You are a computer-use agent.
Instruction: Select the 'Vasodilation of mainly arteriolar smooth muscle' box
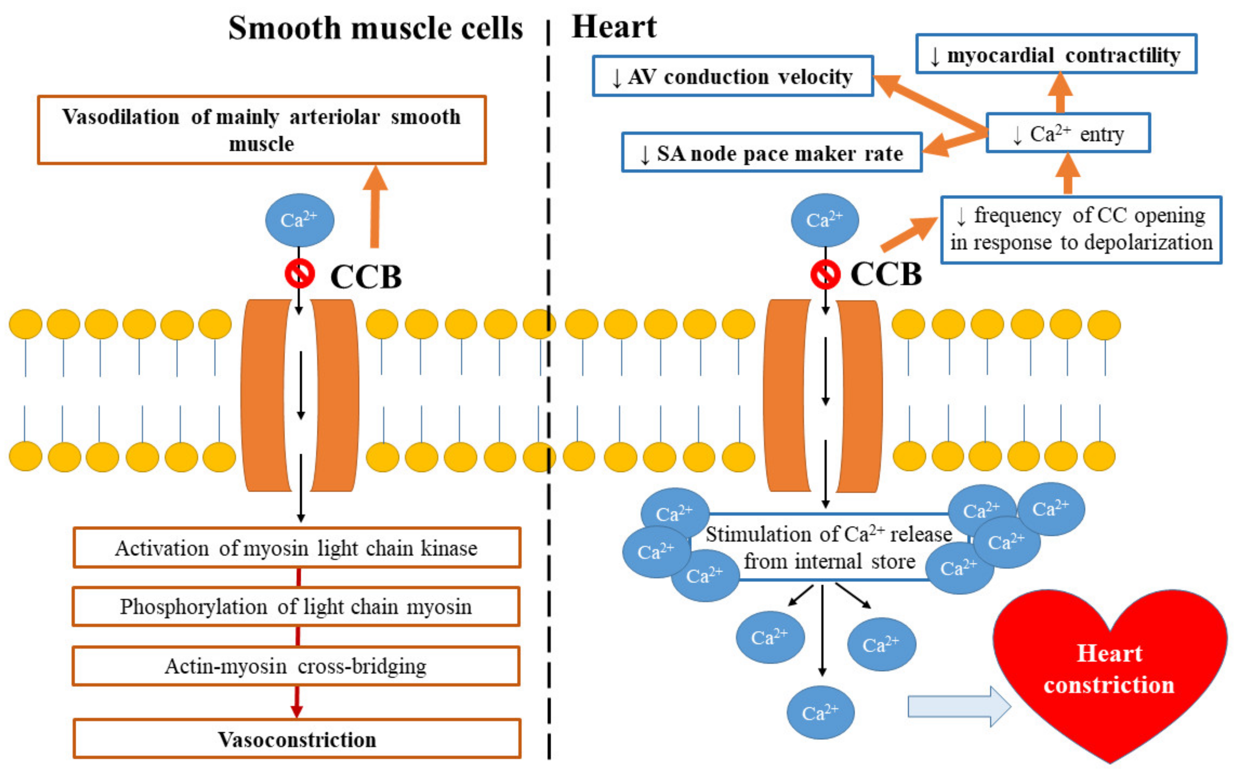point(262,130)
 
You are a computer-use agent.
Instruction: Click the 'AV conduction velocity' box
point(733,76)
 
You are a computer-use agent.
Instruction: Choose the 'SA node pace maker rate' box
point(772,153)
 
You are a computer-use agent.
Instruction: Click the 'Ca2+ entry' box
point(1068,133)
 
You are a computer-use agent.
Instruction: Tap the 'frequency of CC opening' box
point(1081,230)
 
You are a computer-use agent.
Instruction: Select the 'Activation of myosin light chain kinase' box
point(296,548)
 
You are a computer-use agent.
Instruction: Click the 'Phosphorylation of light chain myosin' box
point(296,606)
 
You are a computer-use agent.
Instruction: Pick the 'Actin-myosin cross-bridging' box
point(296,666)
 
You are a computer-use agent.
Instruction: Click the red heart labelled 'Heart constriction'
point(1110,673)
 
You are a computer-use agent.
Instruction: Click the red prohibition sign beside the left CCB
point(299,274)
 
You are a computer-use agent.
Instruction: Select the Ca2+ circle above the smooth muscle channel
point(299,220)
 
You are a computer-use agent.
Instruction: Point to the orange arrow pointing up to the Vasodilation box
point(375,207)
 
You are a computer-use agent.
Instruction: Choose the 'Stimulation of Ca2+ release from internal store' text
point(829,548)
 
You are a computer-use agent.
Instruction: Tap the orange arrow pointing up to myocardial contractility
point(1060,92)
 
